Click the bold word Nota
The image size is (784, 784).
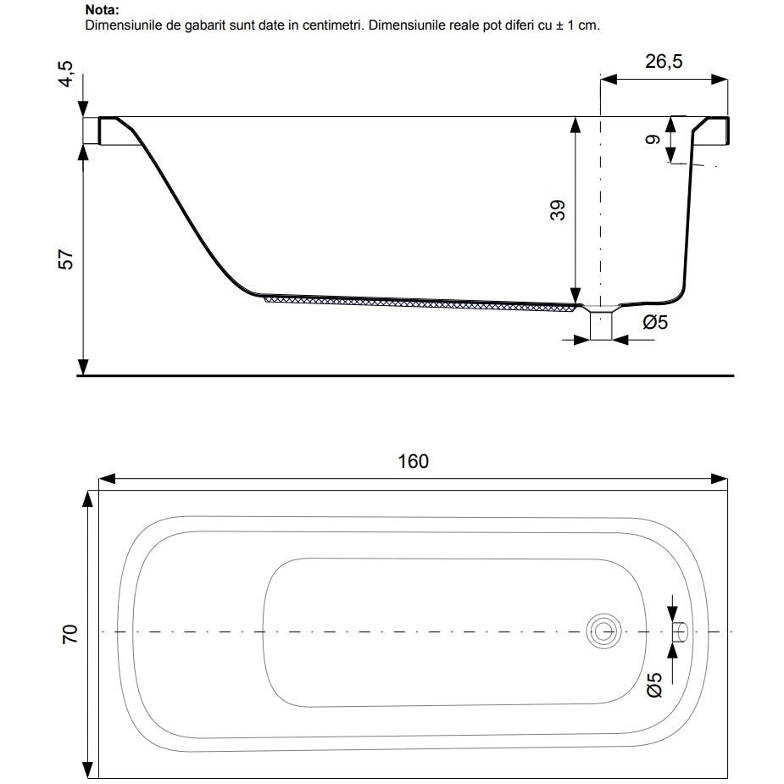(x=103, y=9)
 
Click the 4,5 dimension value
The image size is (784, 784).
(x=66, y=74)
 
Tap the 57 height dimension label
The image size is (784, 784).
(x=66, y=259)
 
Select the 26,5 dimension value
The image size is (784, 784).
(x=664, y=62)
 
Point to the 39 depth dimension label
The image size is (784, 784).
(x=558, y=210)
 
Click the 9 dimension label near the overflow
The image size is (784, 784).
(x=653, y=140)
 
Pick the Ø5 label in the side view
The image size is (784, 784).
(x=655, y=323)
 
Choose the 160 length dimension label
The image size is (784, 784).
(x=413, y=461)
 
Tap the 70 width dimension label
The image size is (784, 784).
(x=70, y=634)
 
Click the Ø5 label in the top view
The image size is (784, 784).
(x=654, y=685)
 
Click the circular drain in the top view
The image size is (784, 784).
(x=604, y=631)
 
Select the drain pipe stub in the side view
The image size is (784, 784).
(x=602, y=325)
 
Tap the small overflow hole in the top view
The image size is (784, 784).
(x=680, y=632)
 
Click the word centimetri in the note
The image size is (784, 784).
(x=331, y=25)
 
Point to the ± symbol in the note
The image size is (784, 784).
(x=559, y=25)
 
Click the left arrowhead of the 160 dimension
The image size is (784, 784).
(x=108, y=479)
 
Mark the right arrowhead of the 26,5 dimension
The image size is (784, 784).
(x=719, y=80)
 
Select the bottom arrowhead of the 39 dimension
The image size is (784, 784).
(x=575, y=295)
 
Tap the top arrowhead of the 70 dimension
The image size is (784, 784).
(x=88, y=499)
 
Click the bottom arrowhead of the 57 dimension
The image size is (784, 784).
(x=84, y=366)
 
